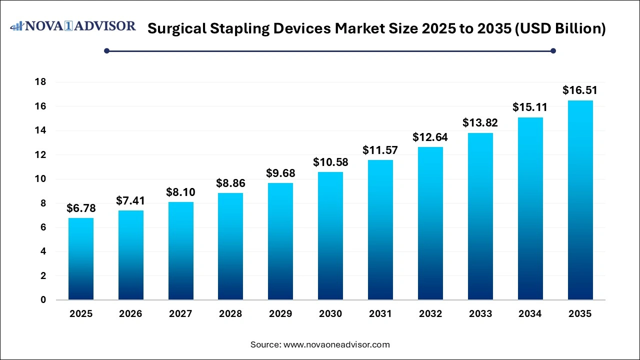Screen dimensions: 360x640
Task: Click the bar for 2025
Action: [x=81, y=259]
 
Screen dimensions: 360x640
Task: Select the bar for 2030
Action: [x=330, y=236]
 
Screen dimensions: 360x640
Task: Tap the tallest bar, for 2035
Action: [x=580, y=200]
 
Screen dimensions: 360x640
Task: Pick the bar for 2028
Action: [x=230, y=246]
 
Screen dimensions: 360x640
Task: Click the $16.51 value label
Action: [x=580, y=90]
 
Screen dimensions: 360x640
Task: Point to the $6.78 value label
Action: [x=81, y=208]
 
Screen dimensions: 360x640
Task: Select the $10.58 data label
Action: [x=330, y=162]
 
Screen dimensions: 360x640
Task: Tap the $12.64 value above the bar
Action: [x=430, y=137]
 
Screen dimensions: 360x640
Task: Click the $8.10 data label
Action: [x=180, y=192]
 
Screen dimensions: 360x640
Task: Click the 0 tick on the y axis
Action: [x=43, y=300]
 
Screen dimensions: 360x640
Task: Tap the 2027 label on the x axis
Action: [x=180, y=314]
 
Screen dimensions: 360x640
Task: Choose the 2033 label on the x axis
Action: [x=480, y=314]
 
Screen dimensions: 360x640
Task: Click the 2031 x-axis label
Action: [x=380, y=314]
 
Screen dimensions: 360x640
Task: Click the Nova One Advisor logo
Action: [x=73, y=26]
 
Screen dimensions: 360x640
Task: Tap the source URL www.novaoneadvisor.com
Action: [x=336, y=344]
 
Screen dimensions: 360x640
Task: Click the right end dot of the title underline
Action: [x=553, y=50]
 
